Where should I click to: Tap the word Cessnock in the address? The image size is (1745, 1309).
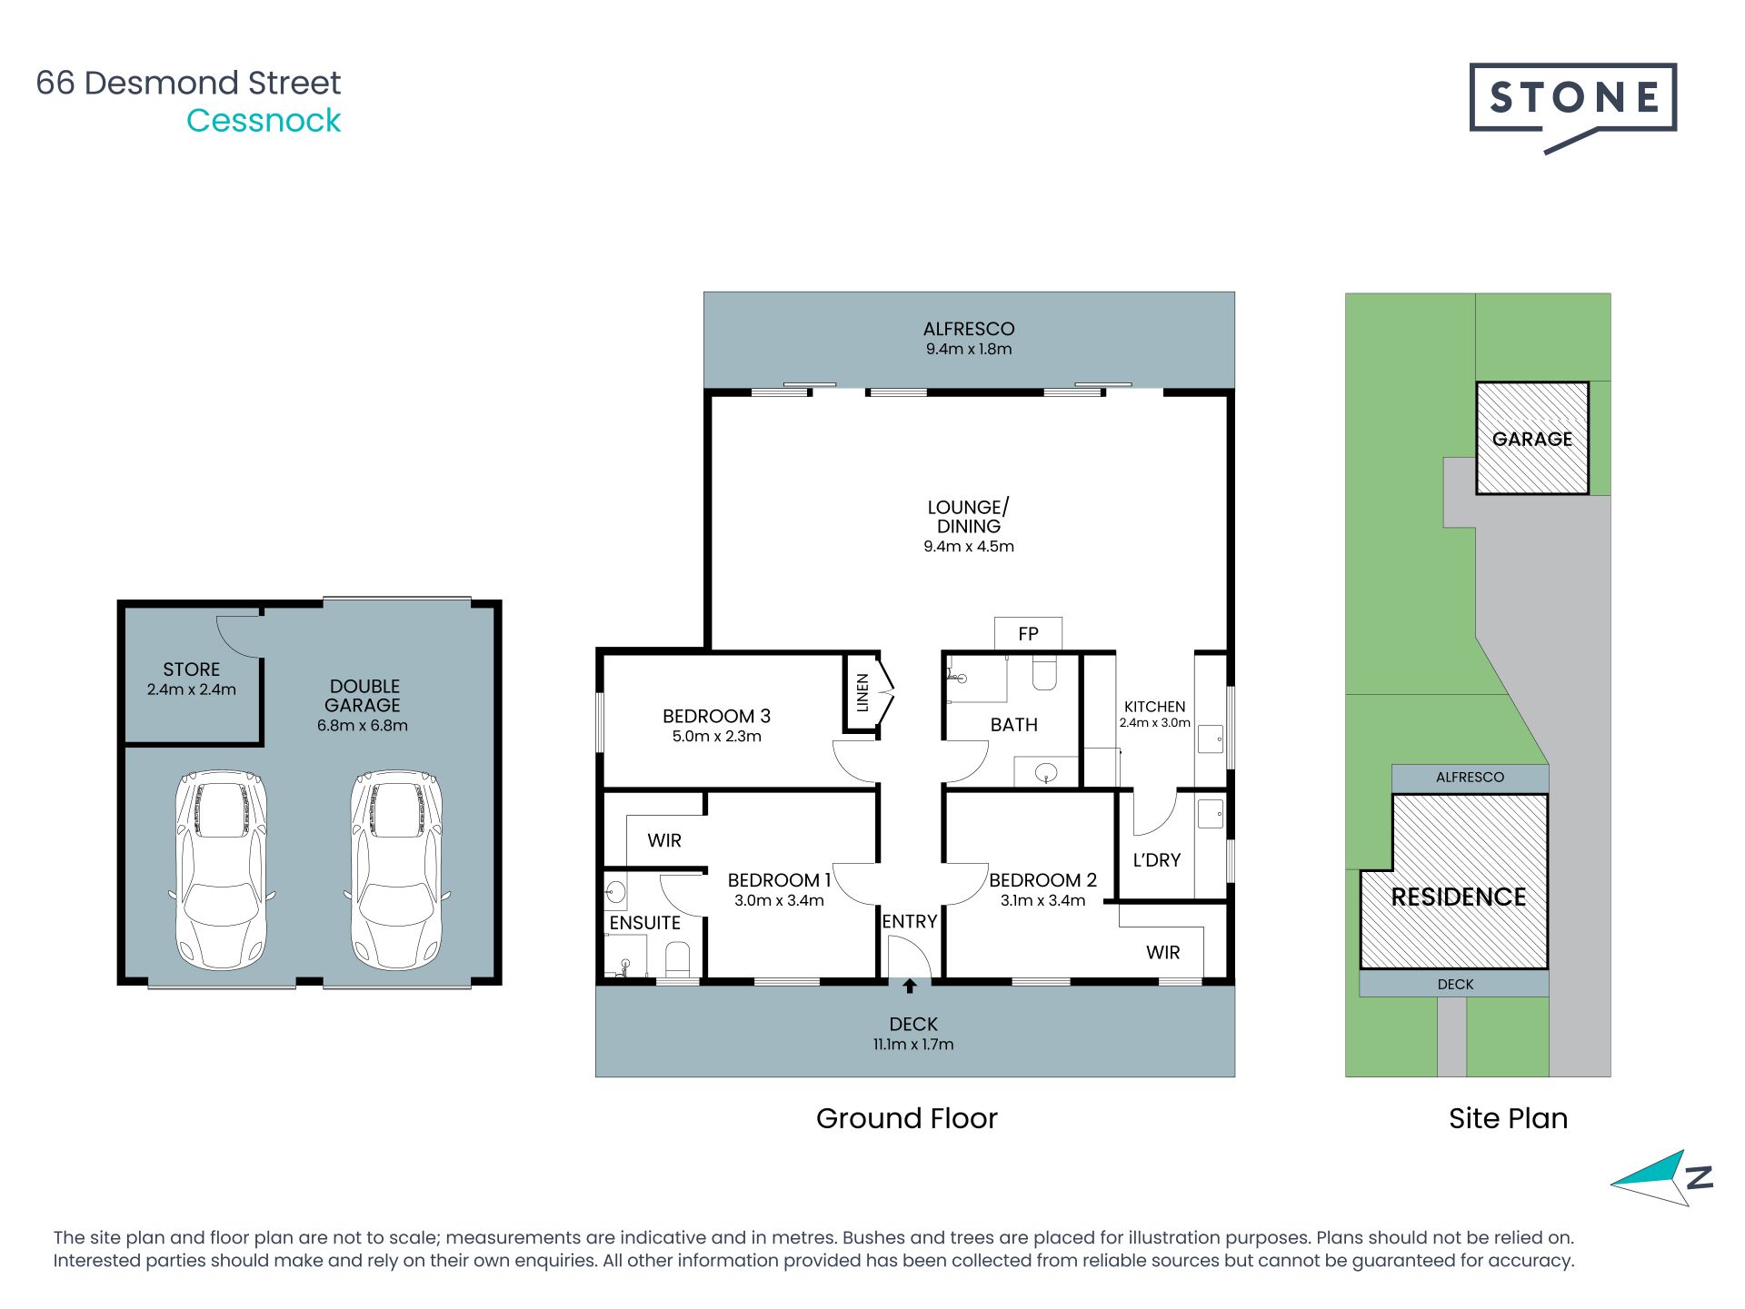(x=264, y=121)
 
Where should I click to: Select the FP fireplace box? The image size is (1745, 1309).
(x=1028, y=633)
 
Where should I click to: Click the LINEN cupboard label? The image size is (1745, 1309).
(x=863, y=692)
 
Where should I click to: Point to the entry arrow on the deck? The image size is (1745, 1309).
(x=910, y=986)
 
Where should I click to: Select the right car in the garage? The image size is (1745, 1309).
(x=396, y=870)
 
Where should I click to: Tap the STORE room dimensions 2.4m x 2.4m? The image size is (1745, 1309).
(x=192, y=689)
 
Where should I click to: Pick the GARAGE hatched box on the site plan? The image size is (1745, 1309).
(x=1531, y=439)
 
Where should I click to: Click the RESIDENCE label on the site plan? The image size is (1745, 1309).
(x=1458, y=897)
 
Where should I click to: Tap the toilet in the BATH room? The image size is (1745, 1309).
(x=1044, y=674)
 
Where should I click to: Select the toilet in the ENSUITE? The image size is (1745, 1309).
(x=678, y=959)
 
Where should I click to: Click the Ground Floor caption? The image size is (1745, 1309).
(x=906, y=1118)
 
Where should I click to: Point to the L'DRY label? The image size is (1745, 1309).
(x=1156, y=859)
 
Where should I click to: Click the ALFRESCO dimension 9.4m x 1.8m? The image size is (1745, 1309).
(x=969, y=349)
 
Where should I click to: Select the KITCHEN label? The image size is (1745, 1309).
(x=1154, y=706)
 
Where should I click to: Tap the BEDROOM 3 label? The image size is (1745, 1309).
(x=716, y=716)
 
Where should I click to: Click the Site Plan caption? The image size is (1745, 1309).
(x=1508, y=1118)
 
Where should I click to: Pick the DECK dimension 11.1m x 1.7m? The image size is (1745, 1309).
(x=913, y=1045)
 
